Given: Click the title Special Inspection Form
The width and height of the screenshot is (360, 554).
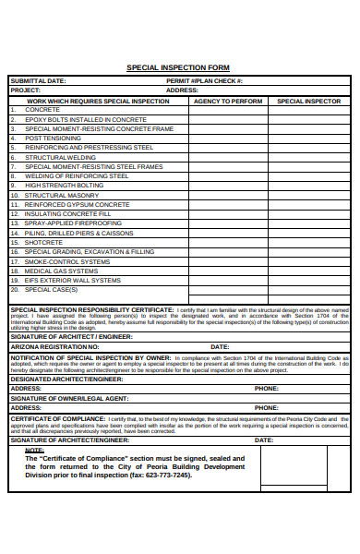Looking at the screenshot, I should point(177,68).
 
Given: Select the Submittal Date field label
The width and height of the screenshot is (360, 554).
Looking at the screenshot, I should point(38,81).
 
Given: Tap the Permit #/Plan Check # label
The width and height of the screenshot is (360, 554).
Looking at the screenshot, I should point(204,81).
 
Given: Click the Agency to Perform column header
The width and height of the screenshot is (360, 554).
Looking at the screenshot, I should point(227,101).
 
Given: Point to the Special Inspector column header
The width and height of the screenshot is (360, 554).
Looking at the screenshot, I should point(309,101).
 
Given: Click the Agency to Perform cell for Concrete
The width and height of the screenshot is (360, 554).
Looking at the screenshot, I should point(227,110).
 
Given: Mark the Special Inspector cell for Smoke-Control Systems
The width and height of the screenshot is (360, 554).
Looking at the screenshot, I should point(309,261).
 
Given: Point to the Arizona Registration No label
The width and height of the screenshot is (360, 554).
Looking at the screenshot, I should point(54,346).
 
